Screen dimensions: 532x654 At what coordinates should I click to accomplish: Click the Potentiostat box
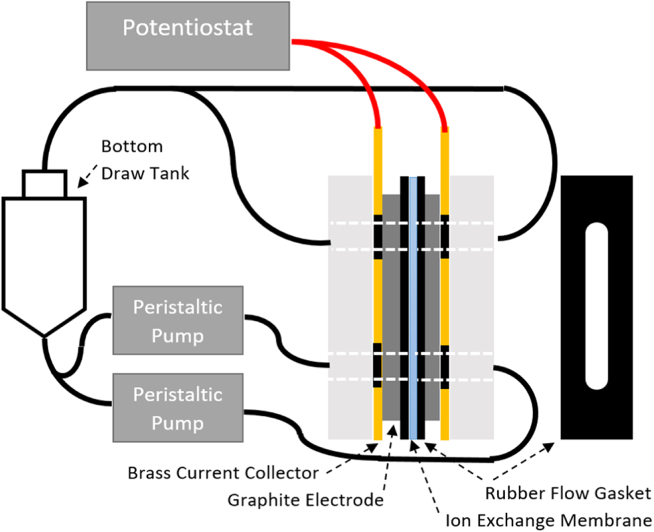pos(189,36)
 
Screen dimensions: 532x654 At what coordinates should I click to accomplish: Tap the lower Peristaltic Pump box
pos(177,408)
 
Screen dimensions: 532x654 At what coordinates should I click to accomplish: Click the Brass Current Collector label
pos(223,473)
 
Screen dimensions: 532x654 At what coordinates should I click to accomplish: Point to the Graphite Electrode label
pos(305,500)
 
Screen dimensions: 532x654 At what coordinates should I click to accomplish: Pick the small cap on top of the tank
pos(44,182)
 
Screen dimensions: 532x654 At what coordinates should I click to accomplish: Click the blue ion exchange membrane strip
pos(413,307)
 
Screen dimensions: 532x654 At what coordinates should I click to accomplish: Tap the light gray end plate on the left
pos(349,307)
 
